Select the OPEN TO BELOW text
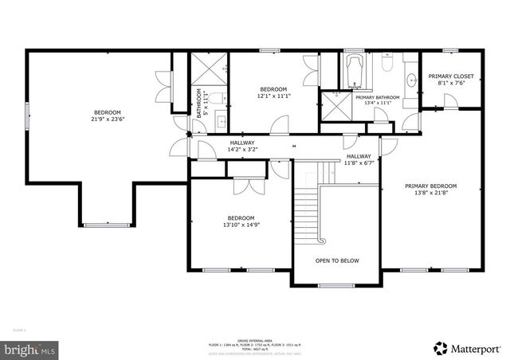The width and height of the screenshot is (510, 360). [x=337, y=260]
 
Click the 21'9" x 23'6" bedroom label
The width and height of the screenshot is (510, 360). [x=108, y=116]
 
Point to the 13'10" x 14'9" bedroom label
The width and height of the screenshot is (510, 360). [x=241, y=221]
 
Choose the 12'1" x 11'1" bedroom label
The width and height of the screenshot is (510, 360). [x=273, y=92]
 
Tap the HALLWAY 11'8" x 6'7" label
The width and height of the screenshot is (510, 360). [x=359, y=159]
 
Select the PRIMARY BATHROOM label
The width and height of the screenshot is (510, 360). [x=378, y=100]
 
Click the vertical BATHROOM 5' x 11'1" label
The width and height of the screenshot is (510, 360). [x=202, y=101]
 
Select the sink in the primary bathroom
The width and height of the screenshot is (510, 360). [x=411, y=79]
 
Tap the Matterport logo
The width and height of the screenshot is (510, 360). [x=465, y=348]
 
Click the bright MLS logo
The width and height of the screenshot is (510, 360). [x=30, y=349]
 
